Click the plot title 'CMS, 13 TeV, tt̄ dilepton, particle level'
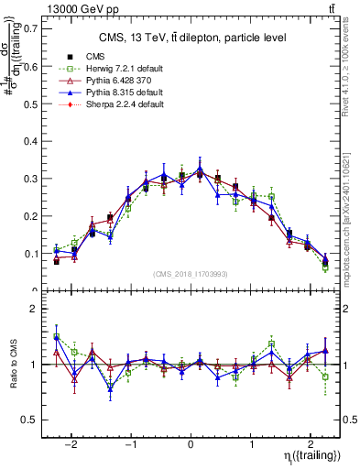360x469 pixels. [x=192, y=38]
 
